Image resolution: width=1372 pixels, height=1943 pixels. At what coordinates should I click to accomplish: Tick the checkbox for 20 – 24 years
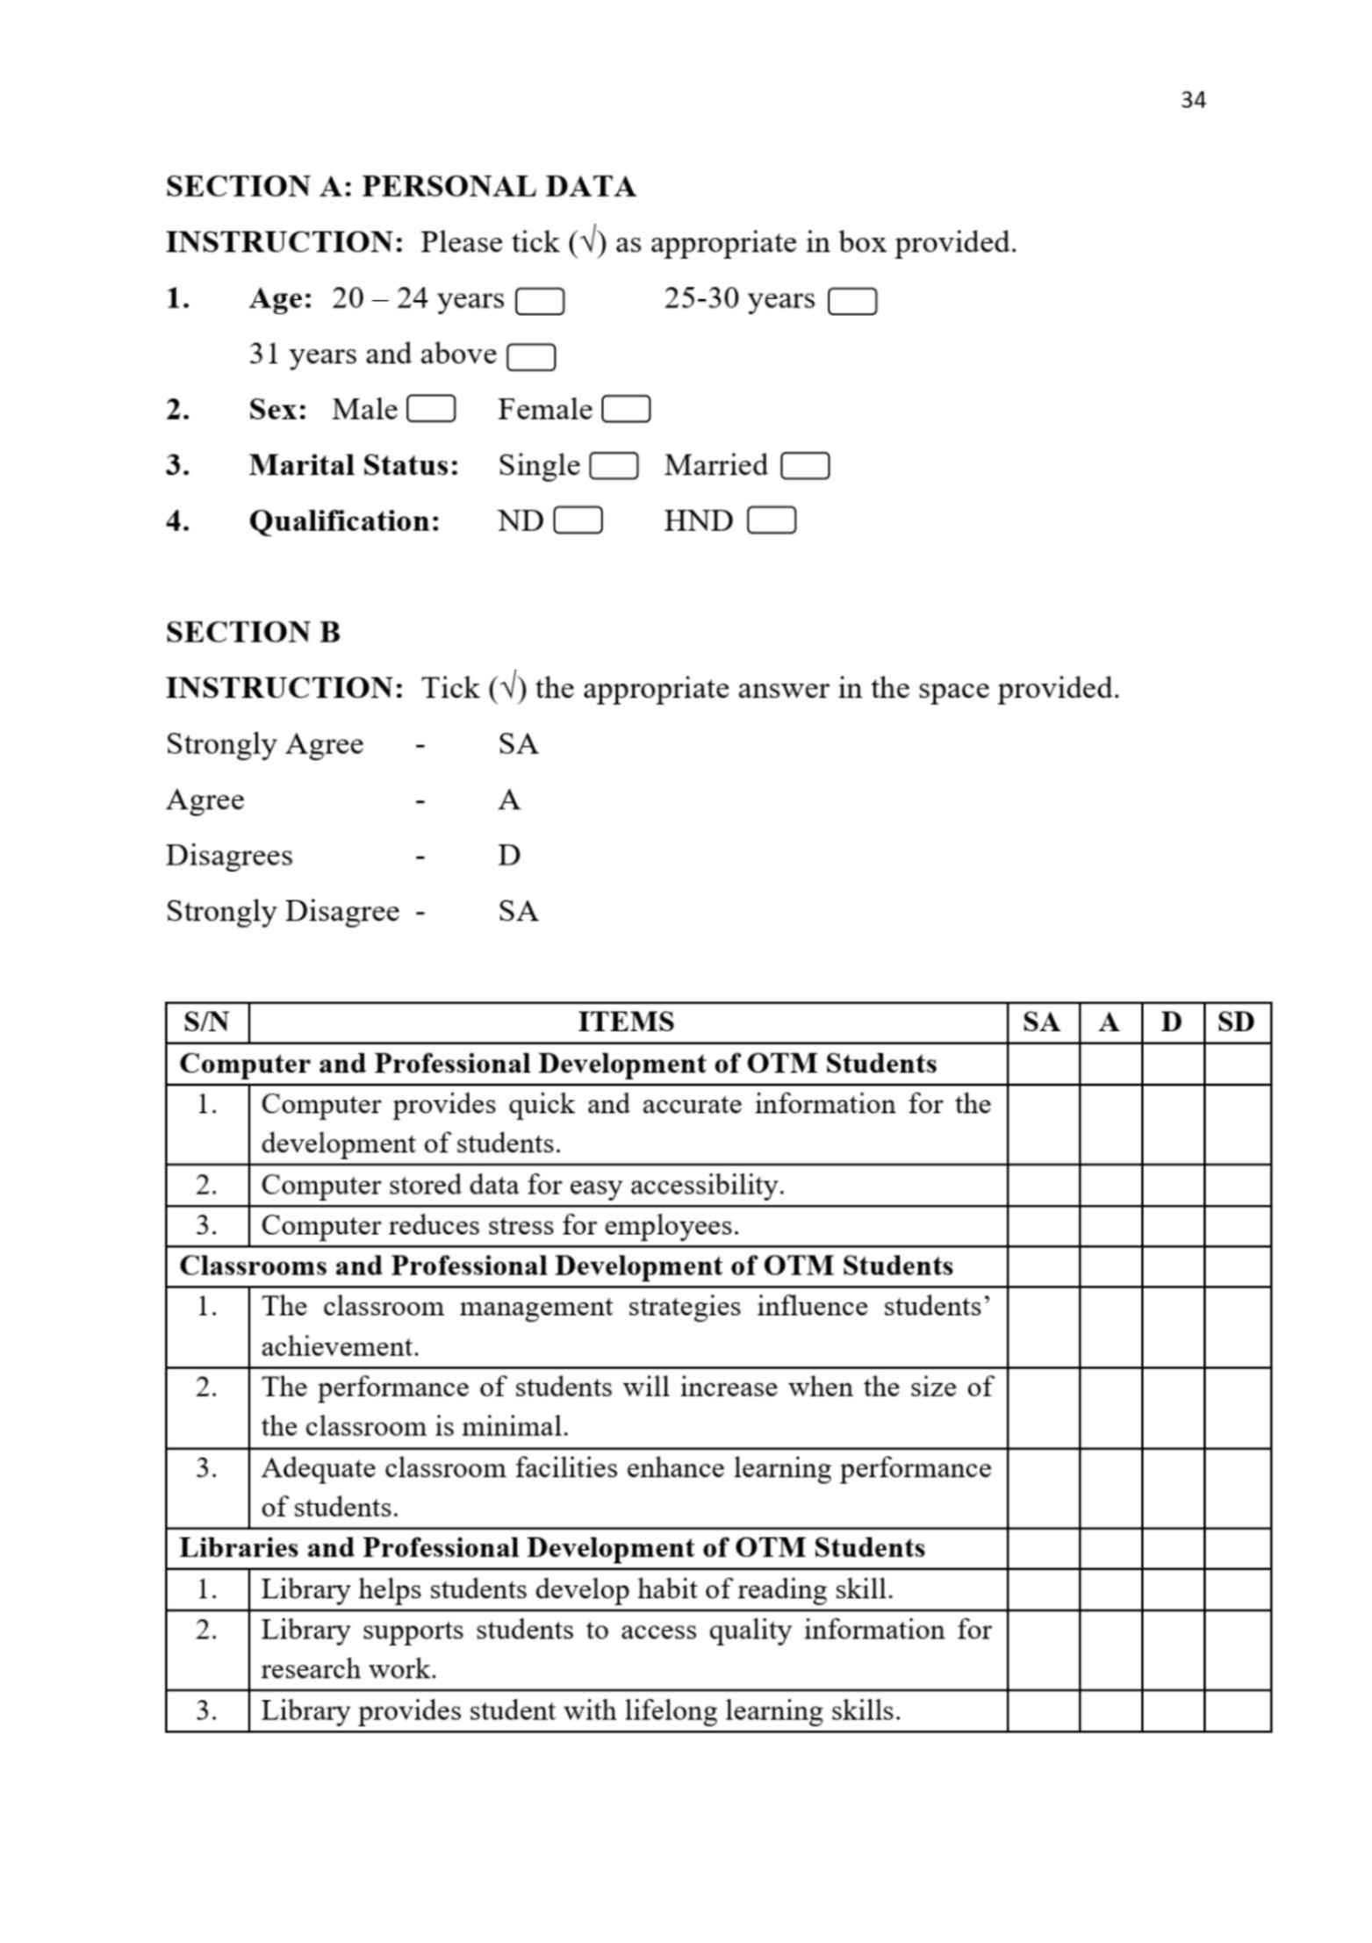click(x=539, y=302)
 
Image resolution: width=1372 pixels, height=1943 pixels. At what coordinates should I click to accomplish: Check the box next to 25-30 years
click(x=851, y=302)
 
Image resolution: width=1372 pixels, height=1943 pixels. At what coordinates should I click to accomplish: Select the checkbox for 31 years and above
click(x=531, y=357)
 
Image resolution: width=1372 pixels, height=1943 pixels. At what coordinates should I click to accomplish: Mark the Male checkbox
click(x=431, y=410)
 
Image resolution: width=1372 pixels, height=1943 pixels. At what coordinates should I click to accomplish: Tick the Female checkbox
click(x=626, y=410)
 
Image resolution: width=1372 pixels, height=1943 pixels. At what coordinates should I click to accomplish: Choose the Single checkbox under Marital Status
click(x=614, y=466)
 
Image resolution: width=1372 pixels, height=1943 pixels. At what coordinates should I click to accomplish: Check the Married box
click(x=804, y=466)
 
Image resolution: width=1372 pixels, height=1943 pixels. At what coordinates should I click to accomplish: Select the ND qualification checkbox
click(x=578, y=521)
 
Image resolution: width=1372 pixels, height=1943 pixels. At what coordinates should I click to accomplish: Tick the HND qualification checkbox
click(x=771, y=521)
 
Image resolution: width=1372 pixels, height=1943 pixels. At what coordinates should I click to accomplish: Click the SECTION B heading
click(x=253, y=632)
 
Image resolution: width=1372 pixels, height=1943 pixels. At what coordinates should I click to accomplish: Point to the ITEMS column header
click(x=626, y=1022)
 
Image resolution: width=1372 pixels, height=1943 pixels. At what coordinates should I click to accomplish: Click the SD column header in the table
click(x=1235, y=1022)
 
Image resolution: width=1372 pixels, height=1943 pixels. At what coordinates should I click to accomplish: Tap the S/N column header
click(x=206, y=1022)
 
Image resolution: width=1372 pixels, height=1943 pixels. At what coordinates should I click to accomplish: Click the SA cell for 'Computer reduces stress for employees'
click(x=1042, y=1225)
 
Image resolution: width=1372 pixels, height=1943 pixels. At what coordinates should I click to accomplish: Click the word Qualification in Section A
click(x=344, y=521)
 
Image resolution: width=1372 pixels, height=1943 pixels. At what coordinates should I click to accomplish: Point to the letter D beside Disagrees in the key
click(x=509, y=855)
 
